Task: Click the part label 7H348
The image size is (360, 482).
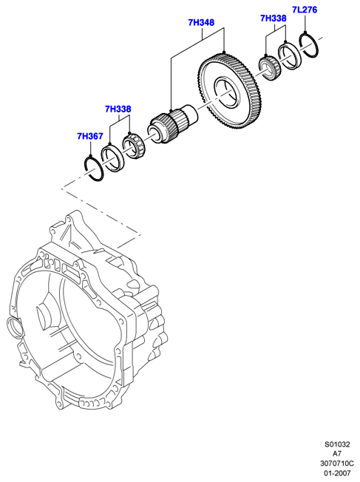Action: point(201,23)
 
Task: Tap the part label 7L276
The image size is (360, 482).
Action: point(305,10)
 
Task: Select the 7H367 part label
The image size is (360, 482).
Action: point(89,136)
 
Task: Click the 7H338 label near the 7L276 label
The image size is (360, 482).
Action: point(274,18)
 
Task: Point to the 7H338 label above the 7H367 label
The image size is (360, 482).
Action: point(118,109)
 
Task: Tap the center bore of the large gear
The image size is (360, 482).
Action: point(227,93)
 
